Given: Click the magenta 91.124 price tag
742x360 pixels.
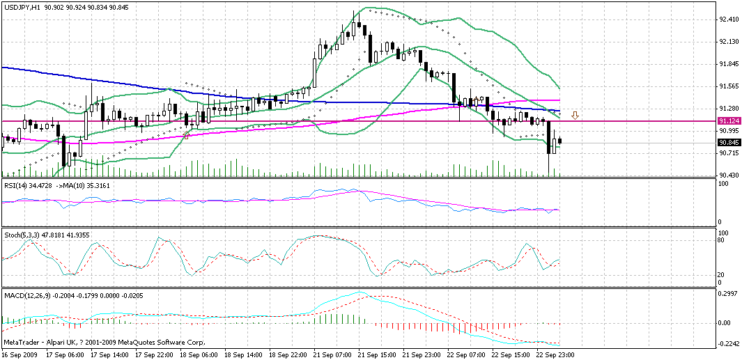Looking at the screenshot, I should tap(728, 121).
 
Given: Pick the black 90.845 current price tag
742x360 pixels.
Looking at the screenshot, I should tap(728, 143).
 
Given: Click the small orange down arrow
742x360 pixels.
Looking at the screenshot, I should tap(575, 115).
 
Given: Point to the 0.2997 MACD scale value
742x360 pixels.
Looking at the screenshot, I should tap(728, 293).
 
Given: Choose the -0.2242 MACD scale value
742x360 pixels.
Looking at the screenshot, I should tap(728, 344).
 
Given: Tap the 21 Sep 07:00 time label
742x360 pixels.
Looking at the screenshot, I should tap(333, 354).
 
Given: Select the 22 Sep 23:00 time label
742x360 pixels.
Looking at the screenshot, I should tap(556, 354).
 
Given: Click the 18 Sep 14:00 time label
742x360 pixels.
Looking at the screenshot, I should tap(245, 354).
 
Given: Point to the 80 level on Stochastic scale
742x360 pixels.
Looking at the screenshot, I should tap(722, 241).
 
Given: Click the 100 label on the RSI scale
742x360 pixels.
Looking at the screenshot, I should tap(725, 183).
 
